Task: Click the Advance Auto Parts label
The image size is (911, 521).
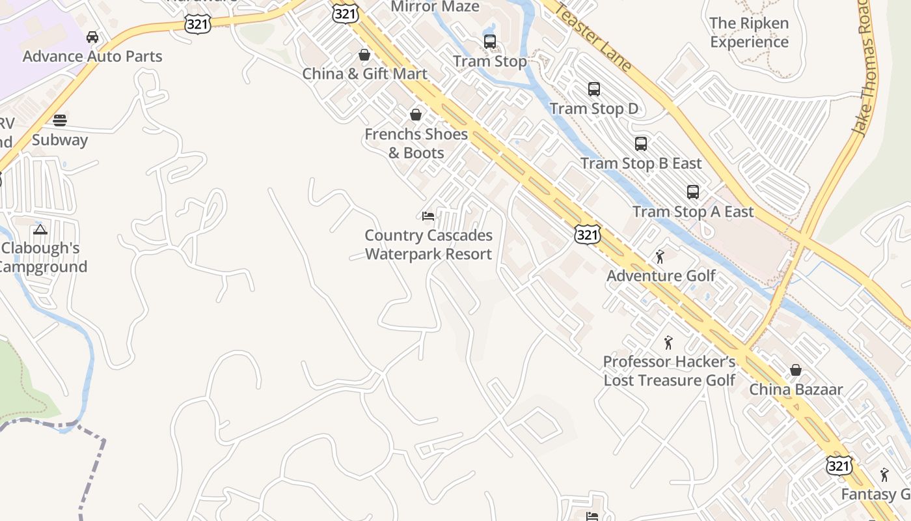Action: tap(92, 56)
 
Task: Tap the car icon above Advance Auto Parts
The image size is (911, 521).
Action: tap(92, 37)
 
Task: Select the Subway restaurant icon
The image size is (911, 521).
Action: tap(60, 120)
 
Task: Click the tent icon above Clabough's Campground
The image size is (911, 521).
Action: tap(40, 229)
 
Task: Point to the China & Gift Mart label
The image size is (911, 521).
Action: tap(364, 74)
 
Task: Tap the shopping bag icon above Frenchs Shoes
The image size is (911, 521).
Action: tap(416, 115)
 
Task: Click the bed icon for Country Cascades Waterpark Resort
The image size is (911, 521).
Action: tap(428, 216)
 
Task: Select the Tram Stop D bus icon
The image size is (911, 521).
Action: tap(593, 89)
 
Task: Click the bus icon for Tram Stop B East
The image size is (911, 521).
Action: tap(641, 144)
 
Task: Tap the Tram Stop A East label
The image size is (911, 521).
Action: tap(693, 212)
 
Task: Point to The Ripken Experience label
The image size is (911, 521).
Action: tap(749, 33)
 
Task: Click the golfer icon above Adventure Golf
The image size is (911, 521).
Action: tap(660, 257)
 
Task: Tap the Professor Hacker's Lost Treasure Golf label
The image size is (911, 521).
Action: tap(669, 371)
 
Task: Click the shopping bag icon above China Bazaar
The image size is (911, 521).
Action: tap(795, 371)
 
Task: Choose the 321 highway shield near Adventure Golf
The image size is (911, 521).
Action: tap(587, 234)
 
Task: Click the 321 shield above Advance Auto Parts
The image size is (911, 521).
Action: tap(197, 24)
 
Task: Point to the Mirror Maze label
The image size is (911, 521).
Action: tap(435, 7)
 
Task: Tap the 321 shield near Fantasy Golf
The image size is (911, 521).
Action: tap(839, 466)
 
